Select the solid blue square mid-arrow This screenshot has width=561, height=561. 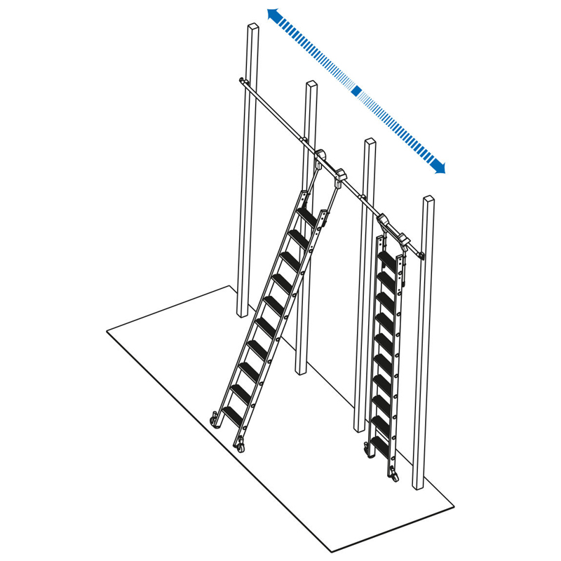tap(356, 90)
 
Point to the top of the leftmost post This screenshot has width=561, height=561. tap(253, 27)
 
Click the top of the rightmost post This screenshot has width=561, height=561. tap(428, 200)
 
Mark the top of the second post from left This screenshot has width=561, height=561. tap(311, 85)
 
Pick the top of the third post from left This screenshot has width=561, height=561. tap(370, 142)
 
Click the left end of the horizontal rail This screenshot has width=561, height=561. tap(241, 82)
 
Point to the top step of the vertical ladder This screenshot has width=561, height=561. tap(388, 255)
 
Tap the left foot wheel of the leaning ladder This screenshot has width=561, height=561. tap(213, 420)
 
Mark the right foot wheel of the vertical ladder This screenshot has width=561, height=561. tap(394, 475)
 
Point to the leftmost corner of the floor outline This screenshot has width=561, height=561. tap(107, 331)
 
